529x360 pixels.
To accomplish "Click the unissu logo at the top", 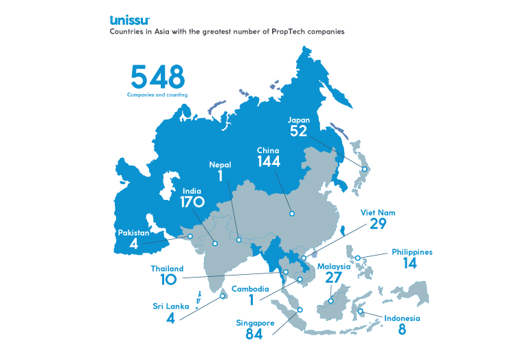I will pyautogui.click(x=128, y=19).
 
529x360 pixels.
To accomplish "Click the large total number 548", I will pyautogui.click(x=157, y=76).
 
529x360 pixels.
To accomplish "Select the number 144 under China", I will pyautogui.click(x=269, y=161).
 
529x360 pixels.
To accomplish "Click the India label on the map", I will pyautogui.click(x=192, y=190).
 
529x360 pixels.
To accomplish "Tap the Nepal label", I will pyautogui.click(x=220, y=164).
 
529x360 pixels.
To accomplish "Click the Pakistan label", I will pyautogui.click(x=133, y=232).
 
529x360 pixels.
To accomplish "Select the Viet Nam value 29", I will pyautogui.click(x=377, y=225).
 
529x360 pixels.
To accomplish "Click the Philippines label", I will pyautogui.click(x=412, y=252).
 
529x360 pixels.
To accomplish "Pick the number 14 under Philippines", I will pyautogui.click(x=410, y=263).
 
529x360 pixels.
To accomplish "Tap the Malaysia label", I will pyautogui.click(x=334, y=267).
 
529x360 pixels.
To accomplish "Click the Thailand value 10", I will pyautogui.click(x=167, y=280).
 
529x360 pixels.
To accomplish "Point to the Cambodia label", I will pyautogui.click(x=250, y=289).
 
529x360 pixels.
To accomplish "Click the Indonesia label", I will pyautogui.click(x=401, y=318).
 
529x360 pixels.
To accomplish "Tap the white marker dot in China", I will pyautogui.click(x=292, y=214).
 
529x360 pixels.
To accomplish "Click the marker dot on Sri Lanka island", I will pyautogui.click(x=222, y=297).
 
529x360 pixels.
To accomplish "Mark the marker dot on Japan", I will pyautogui.click(x=365, y=169).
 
